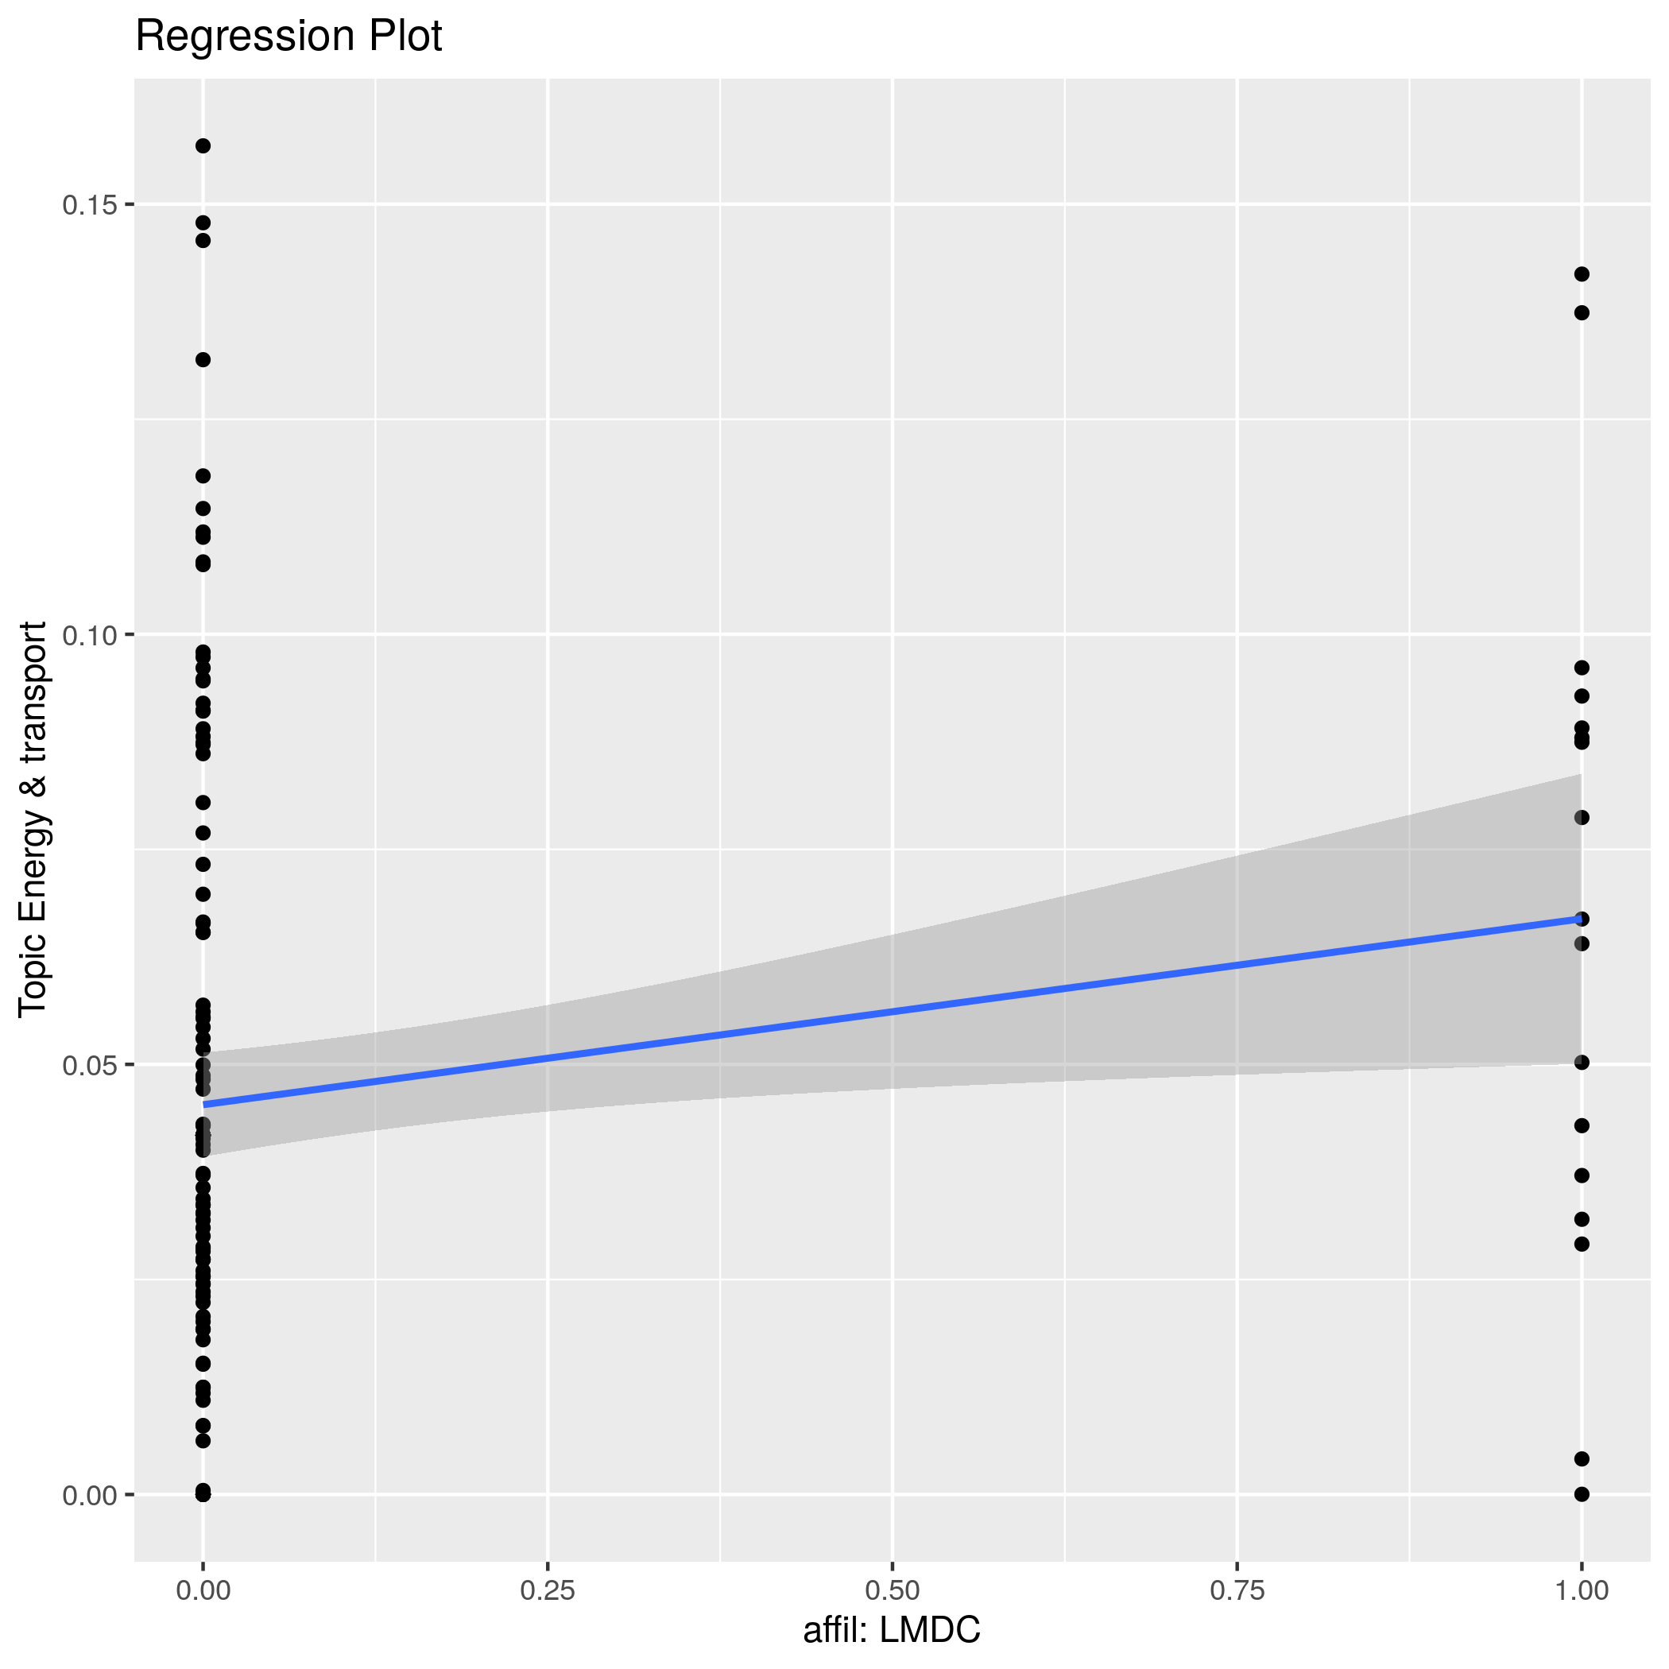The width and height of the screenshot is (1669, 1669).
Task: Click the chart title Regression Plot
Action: coord(288,37)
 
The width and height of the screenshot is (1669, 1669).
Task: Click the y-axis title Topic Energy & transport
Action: coord(33,818)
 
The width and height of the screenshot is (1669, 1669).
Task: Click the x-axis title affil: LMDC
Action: coord(892,1630)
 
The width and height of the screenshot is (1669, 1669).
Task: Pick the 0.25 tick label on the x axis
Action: coord(548,1590)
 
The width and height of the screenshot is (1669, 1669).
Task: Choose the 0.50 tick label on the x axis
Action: coord(892,1590)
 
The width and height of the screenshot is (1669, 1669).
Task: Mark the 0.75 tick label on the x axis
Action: coord(1237,1590)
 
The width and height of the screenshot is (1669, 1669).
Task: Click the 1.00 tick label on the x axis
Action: coord(1581,1590)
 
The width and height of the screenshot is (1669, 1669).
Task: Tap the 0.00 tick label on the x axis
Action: coord(203,1590)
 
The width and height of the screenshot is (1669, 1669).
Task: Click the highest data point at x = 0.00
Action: coord(203,146)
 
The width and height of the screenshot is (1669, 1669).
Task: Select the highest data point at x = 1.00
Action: coord(1582,275)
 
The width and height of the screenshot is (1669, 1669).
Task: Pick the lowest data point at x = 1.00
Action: coord(1582,1494)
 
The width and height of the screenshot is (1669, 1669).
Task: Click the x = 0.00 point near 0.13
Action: coord(203,359)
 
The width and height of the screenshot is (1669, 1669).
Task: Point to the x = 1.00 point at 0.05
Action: coord(1582,1063)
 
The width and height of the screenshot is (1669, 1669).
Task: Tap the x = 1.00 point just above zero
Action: coord(1582,1459)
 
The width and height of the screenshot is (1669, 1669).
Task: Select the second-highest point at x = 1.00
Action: coord(1582,312)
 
